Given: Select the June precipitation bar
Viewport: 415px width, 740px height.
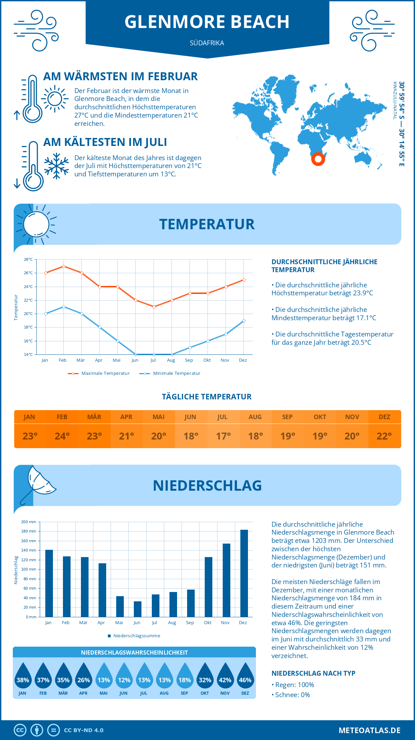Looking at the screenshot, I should pyautogui.click(x=137, y=609).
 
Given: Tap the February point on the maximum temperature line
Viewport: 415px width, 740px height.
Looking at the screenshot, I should pyautogui.click(x=64, y=266).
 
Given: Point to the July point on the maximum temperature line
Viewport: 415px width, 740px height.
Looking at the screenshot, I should pyautogui.click(x=154, y=307).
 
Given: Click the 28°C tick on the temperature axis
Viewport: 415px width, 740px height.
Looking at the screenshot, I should pyautogui.click(x=28, y=259).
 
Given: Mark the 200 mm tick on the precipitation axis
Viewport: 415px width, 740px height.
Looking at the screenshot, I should pyautogui.click(x=29, y=522).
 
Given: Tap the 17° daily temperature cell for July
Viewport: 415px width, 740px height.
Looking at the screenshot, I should pyautogui.click(x=223, y=436).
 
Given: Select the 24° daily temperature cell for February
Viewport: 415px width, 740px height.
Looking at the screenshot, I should pyautogui.click(x=62, y=436).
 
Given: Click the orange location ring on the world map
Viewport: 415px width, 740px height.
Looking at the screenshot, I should pyautogui.click(x=318, y=159).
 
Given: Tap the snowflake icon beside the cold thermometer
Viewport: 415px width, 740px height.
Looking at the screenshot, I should pyautogui.click(x=56, y=166).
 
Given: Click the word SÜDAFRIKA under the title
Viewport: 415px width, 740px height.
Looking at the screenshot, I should pyautogui.click(x=207, y=43).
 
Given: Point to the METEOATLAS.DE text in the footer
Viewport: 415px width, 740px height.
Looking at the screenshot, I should pyautogui.click(x=369, y=730).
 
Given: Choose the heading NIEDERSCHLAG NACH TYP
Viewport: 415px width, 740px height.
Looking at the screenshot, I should pyautogui.click(x=313, y=673).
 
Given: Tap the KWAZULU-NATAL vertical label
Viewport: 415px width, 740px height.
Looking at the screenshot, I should pyautogui.click(x=395, y=101).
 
